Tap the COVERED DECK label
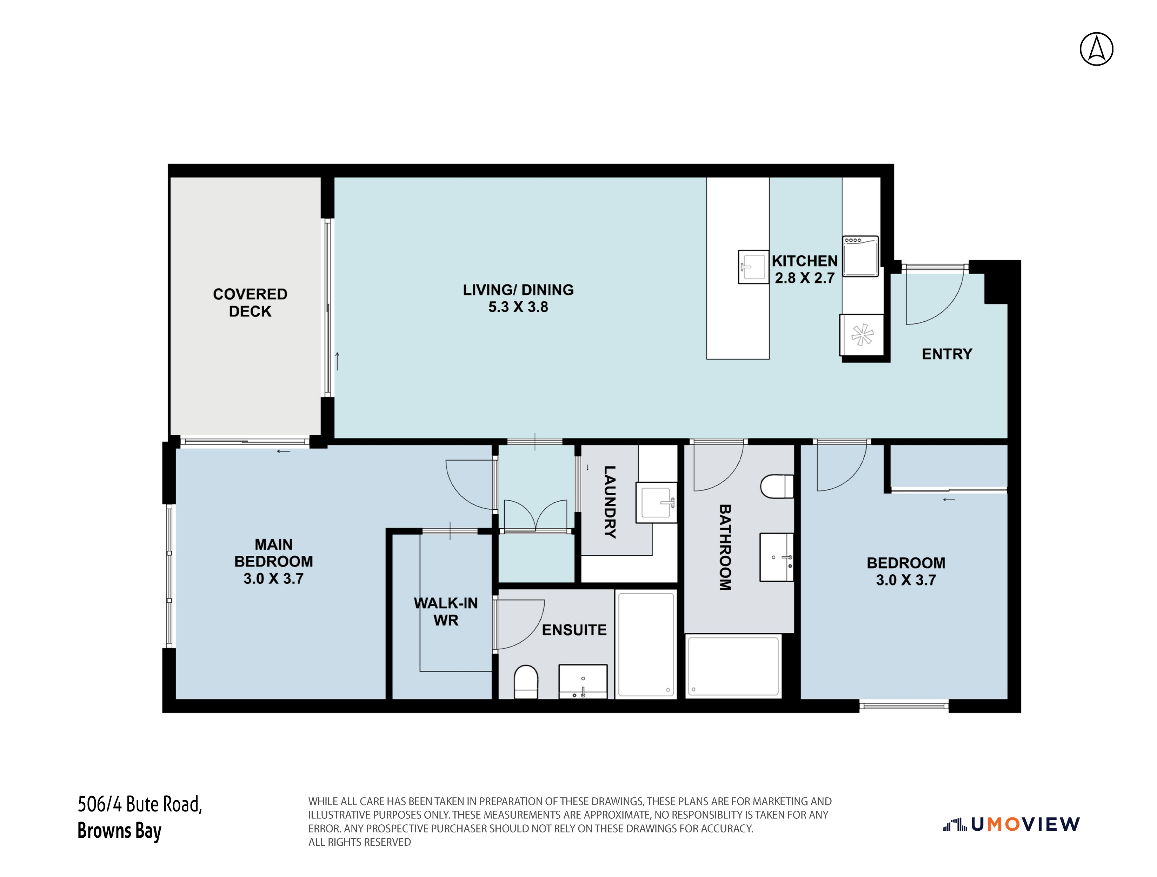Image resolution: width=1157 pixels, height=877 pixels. point(250,303)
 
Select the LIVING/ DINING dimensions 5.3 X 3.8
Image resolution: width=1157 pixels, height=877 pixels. point(518,307)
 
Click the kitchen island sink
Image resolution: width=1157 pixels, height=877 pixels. point(753,267)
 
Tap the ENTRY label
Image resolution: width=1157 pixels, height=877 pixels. point(947,354)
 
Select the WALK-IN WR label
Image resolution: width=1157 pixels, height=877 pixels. point(446,612)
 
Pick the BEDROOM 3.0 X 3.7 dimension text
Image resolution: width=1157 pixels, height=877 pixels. point(906,580)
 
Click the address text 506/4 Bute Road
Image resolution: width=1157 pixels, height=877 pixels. point(140,804)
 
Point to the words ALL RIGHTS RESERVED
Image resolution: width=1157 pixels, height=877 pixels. point(360,842)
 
